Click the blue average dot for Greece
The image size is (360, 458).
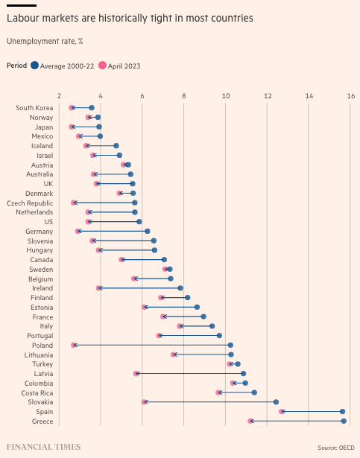click(344, 421)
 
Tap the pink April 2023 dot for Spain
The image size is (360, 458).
click(282, 411)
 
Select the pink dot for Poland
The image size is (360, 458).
click(74, 345)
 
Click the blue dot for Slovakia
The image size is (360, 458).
click(276, 401)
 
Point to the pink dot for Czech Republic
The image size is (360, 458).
click(74, 203)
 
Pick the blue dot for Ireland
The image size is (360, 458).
click(180, 288)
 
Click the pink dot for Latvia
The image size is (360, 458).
click(136, 373)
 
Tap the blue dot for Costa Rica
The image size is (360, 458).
click(254, 392)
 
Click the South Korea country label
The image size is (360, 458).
click(34, 108)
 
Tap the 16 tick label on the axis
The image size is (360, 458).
click(350, 96)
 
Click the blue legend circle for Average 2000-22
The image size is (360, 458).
click(35, 66)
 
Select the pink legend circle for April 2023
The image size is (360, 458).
click(103, 66)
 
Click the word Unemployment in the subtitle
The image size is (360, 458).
click(30, 41)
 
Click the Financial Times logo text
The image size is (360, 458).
click(43, 447)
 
